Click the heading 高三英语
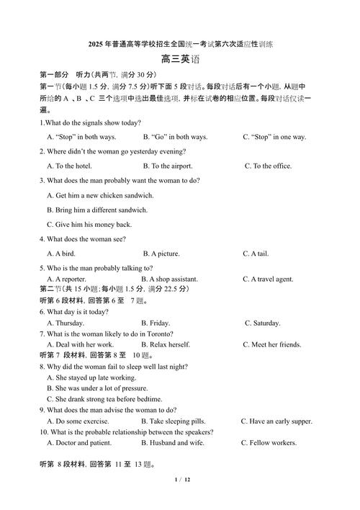(179, 61)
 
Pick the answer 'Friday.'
(159, 323)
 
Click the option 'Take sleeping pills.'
(176, 421)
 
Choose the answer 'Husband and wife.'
(176, 443)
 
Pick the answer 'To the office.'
(271, 166)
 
